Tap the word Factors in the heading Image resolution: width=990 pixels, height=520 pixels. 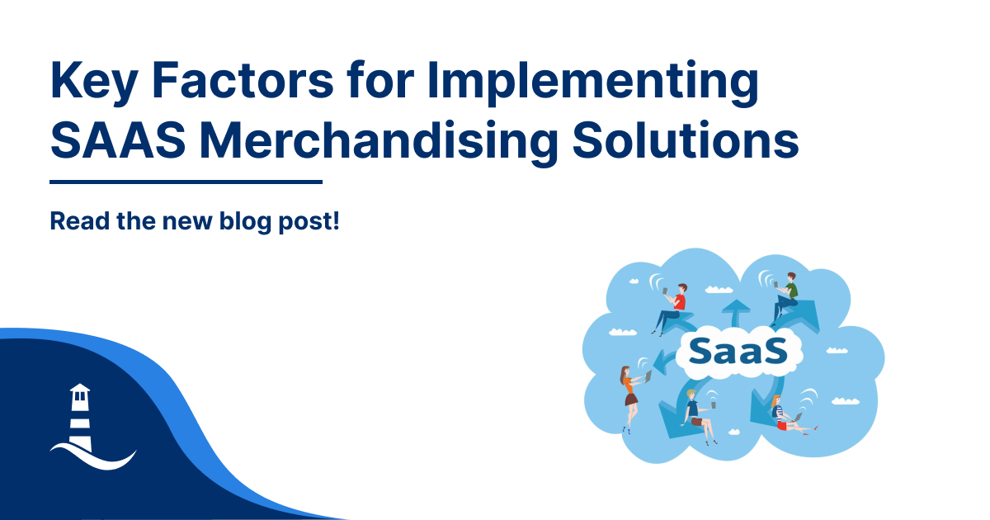click(243, 80)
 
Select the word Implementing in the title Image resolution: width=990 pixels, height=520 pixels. click(592, 83)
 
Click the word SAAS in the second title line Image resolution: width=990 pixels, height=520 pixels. click(118, 140)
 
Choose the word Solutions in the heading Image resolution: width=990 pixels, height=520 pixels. click(686, 139)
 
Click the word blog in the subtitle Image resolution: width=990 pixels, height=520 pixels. click(245, 222)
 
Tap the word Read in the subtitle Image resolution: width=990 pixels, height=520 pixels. click(79, 220)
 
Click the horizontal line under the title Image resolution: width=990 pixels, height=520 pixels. click(186, 182)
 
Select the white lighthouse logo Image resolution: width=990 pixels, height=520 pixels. click(81, 418)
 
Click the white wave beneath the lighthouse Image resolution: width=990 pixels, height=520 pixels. click(94, 456)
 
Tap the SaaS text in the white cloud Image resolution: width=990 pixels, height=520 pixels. click(738, 352)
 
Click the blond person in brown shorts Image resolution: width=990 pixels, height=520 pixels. click(700, 417)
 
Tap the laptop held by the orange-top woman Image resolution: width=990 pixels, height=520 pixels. click(648, 376)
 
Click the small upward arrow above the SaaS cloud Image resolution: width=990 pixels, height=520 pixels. click(736, 313)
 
